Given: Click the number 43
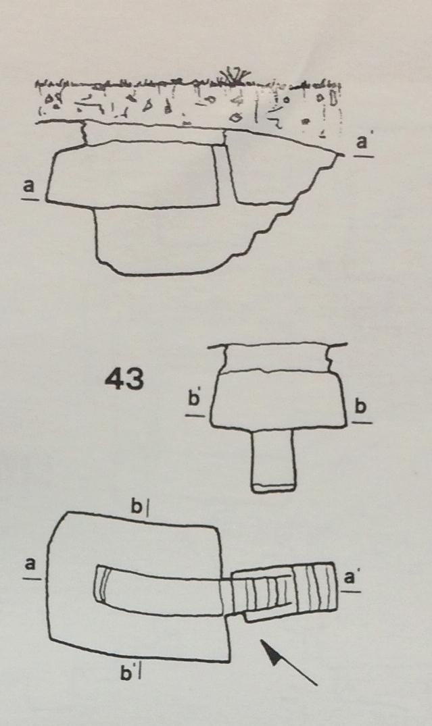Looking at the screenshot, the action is coord(124,380).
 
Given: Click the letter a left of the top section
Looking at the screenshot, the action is coord(29,186).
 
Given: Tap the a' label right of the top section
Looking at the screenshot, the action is coord(362,142).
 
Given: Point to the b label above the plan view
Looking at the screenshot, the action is coord(137,507).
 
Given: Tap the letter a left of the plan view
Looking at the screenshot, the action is coord(30,565).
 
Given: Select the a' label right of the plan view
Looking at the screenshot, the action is coord(350,578).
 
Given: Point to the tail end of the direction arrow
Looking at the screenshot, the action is coord(318,684).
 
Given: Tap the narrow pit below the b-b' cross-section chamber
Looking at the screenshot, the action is coord(273,460).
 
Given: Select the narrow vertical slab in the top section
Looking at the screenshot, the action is coord(225,174).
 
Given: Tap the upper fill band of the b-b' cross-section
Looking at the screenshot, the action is coord(277,359).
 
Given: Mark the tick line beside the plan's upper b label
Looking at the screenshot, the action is coord(147,508).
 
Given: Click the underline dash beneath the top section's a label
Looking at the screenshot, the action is coord(29,199).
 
